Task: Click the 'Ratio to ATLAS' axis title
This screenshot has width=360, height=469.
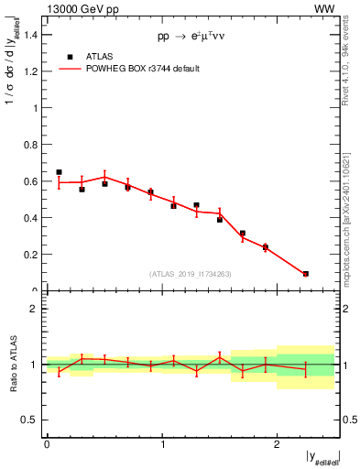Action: point(13,364)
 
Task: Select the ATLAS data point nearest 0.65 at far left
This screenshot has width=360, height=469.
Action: point(59,172)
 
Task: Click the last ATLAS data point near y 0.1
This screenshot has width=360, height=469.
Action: point(305,274)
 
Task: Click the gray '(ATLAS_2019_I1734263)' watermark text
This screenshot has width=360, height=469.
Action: point(191,273)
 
